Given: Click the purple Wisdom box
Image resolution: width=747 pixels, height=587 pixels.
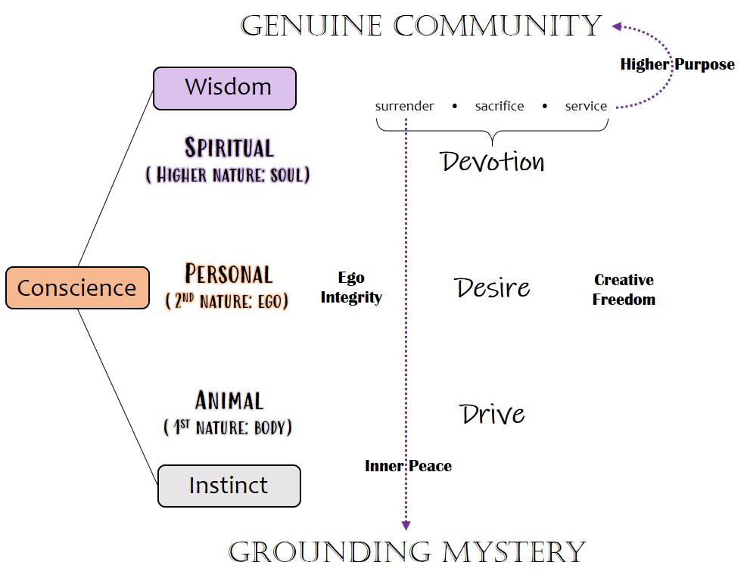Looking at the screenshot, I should point(224,89).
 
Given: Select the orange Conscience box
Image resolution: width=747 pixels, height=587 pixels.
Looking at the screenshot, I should point(77,287).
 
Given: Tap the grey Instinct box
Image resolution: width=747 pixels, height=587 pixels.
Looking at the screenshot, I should point(229,485).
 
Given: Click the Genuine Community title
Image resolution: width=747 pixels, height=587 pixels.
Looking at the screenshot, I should point(421,26).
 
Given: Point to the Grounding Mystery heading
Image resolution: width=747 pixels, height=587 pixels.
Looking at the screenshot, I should point(407,551).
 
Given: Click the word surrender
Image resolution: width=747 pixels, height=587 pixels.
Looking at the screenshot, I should point(404,107).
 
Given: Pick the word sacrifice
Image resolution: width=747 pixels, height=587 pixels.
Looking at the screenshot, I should point(500,107).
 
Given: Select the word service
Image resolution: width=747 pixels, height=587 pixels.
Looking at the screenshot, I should point(586,107).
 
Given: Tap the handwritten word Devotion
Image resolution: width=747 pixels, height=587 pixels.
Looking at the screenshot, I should point(492,161).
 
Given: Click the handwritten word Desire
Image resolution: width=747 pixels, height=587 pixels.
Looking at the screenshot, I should point(492,287).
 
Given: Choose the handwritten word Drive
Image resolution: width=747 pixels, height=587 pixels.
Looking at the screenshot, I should point(492,414).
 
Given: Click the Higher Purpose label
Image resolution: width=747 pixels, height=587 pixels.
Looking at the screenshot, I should point(677,64).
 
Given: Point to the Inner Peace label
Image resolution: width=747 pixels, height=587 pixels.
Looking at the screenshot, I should point(408,466).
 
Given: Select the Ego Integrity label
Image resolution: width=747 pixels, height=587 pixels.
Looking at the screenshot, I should point(351,288).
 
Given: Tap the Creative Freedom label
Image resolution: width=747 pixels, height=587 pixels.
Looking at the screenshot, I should point(624,290).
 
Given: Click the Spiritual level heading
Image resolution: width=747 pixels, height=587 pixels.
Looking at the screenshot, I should point(229,148).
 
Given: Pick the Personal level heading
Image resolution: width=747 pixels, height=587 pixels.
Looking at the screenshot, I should point(228,274).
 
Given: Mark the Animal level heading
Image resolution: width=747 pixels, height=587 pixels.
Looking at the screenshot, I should point(229,400).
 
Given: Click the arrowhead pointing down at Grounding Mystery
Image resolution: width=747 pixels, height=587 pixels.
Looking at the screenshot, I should point(406,525).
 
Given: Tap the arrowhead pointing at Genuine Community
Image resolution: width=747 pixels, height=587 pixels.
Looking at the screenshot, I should point(618,26).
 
